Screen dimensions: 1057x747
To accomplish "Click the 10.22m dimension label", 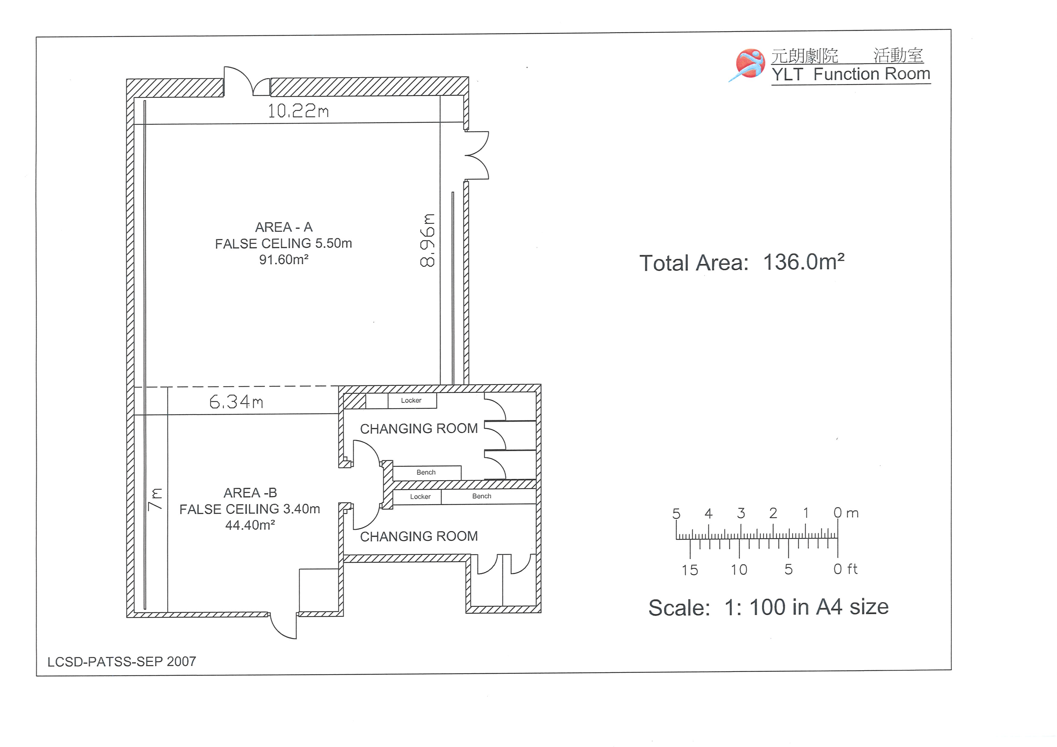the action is pyautogui.click(x=298, y=111).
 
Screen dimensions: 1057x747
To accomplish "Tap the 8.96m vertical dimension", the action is pyautogui.click(x=427, y=240).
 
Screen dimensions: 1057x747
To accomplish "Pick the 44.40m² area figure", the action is pyautogui.click(x=250, y=525).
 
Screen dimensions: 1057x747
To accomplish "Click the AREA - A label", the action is pyautogui.click(x=284, y=227).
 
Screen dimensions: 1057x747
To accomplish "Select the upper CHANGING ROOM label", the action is pyautogui.click(x=419, y=429).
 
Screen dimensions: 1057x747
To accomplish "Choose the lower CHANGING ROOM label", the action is pyautogui.click(x=419, y=536).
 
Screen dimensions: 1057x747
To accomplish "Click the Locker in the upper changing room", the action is pyautogui.click(x=411, y=400).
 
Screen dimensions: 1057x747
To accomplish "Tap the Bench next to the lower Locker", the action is pyautogui.click(x=482, y=496).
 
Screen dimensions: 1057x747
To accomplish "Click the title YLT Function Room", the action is pyautogui.click(x=851, y=74).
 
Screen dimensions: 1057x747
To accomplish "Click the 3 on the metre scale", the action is pyautogui.click(x=741, y=513).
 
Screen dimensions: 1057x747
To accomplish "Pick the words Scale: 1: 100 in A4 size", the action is pyautogui.click(x=768, y=607).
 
